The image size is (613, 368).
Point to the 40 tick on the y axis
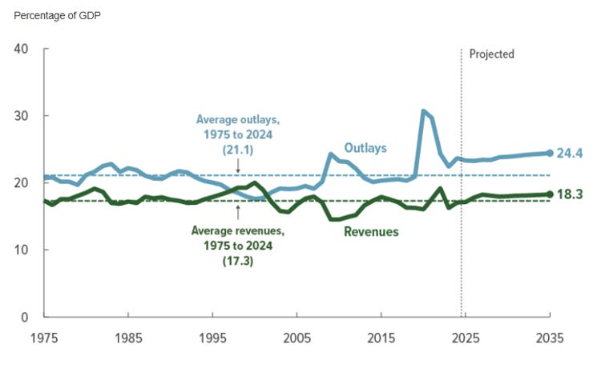(22, 49)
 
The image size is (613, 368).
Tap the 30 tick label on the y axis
(22, 116)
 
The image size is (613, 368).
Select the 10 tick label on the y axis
(22, 250)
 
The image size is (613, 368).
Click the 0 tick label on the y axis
(25, 318)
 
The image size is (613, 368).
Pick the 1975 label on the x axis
(45, 337)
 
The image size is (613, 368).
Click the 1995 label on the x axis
(212, 337)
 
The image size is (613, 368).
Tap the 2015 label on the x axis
(381, 337)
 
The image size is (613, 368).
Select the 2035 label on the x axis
(548, 337)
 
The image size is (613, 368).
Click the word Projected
(491, 54)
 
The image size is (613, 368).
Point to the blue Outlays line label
(365, 148)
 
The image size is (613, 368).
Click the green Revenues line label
(371, 232)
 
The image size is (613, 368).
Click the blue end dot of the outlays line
(549, 152)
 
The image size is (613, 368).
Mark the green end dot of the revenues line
(549, 194)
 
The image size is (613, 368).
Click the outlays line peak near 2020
(423, 111)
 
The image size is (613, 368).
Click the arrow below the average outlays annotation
(238, 166)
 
